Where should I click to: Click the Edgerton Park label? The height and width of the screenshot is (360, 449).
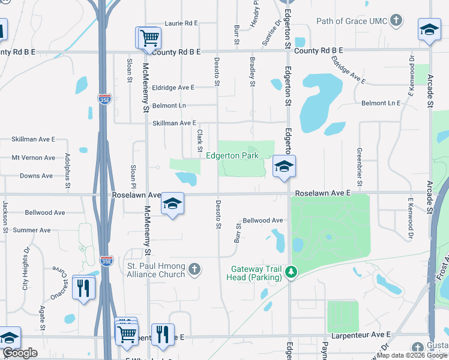coord(232,155)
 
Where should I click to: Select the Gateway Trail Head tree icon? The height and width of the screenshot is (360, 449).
coord(291,272)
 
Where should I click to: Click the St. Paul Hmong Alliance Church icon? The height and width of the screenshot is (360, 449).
coord(194,269)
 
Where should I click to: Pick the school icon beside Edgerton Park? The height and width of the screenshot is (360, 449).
coord(284,166)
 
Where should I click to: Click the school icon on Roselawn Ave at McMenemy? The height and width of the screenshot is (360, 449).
coord(172,204)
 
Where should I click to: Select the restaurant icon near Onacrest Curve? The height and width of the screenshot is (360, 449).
coord(83,287)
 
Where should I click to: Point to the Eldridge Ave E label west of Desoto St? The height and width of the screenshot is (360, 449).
coord(173,88)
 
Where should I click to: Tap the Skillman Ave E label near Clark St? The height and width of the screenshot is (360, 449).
coord(175,123)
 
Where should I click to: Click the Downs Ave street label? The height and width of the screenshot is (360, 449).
coord(36,176)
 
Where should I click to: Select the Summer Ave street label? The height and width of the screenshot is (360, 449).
coord(32,230)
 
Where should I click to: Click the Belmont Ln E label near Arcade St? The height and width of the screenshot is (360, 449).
coord(381,103)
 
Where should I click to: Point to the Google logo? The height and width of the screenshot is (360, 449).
coord(20,353)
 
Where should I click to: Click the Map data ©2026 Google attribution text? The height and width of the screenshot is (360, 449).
coord(412,355)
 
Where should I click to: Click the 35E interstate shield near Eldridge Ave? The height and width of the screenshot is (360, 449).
coord(103,97)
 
